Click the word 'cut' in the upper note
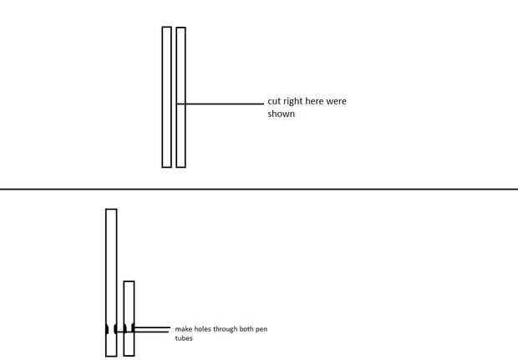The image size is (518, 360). (275, 101)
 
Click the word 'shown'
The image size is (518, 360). (282, 114)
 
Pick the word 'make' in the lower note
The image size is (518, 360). (183, 330)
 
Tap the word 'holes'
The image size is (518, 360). (201, 330)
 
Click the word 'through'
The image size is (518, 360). (224, 330)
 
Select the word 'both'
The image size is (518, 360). (245, 330)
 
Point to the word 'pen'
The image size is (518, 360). (261, 330)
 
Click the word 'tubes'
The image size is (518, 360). (183, 339)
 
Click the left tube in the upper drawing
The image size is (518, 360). (166, 97)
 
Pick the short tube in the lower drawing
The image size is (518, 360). (129, 301)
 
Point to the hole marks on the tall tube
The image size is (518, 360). (111, 329)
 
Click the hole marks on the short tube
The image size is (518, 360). (129, 329)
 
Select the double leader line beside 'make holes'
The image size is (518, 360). (153, 329)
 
